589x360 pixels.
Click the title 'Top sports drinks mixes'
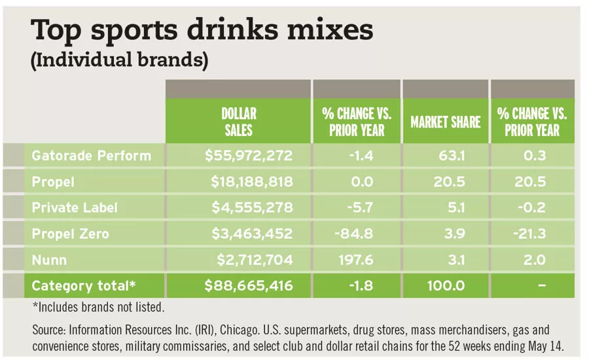pos(202,31)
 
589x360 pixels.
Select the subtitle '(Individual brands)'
pos(120,62)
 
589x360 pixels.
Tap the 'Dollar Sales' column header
pos(238,122)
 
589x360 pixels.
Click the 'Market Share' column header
pos(445,122)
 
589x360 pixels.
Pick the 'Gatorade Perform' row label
pos(91,156)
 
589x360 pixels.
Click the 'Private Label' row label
pos(75,207)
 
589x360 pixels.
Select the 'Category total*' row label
pos(83,286)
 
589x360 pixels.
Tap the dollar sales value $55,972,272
pos(248,156)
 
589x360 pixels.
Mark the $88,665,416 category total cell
pos(248,286)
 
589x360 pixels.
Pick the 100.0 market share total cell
pos(448,286)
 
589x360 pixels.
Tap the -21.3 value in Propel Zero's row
pos(537,234)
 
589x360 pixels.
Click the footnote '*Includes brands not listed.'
pos(98,307)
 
